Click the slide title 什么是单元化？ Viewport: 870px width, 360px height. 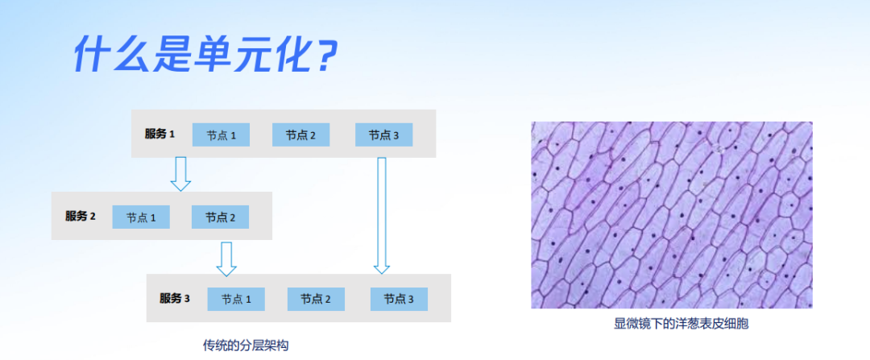(x=206, y=55)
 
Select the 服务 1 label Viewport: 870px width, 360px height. (x=159, y=134)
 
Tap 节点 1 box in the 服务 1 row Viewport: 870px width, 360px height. (x=221, y=134)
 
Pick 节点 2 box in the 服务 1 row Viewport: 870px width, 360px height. (x=300, y=134)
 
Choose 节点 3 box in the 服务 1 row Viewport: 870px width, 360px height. (x=384, y=134)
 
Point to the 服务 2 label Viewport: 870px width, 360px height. (x=80, y=217)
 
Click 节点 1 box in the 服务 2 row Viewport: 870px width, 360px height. (x=141, y=217)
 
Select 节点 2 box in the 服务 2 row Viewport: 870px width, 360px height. (x=220, y=217)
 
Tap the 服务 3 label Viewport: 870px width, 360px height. (x=175, y=299)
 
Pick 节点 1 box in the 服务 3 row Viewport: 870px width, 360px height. (x=236, y=299)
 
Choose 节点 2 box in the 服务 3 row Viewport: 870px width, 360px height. (x=316, y=299)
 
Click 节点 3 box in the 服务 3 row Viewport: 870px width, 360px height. (x=399, y=299)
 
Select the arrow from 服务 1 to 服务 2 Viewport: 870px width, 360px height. (x=181, y=174)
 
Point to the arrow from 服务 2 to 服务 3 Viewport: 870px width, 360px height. (x=226, y=259)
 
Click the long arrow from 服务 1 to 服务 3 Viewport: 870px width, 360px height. (x=382, y=216)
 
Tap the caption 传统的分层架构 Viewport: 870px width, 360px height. (x=246, y=346)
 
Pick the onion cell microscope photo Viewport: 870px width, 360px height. (x=672, y=215)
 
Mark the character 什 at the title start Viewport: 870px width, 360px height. (x=89, y=55)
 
